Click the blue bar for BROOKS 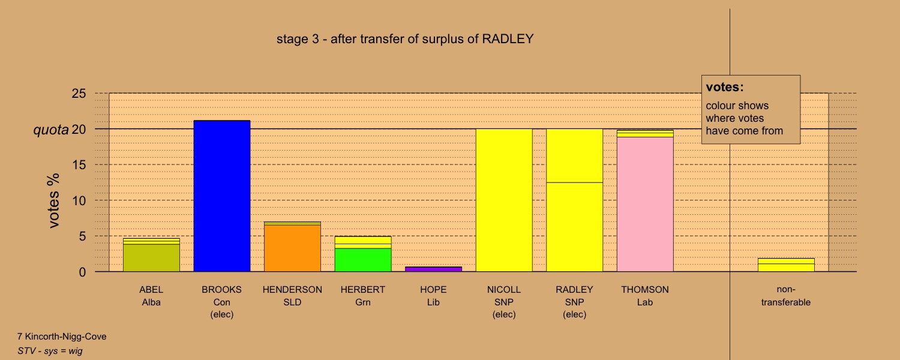tap(222, 196)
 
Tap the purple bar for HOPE tap(434, 269)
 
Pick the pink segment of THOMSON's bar tap(645, 205)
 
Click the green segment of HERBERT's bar tap(363, 260)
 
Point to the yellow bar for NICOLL tap(504, 200)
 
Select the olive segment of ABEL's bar tap(151, 258)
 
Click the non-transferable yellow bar tap(786, 265)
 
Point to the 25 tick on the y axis tap(79, 94)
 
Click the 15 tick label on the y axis tap(79, 165)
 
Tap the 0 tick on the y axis tap(82, 272)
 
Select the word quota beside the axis tap(51, 130)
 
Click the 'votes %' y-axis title tap(53, 200)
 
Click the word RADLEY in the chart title tap(508, 39)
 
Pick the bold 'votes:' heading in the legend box tap(725, 87)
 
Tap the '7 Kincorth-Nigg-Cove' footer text tap(62, 336)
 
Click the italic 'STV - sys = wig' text tap(50, 351)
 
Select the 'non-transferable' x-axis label tap(786, 296)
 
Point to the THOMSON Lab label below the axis tap(645, 296)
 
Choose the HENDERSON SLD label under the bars tap(293, 296)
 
